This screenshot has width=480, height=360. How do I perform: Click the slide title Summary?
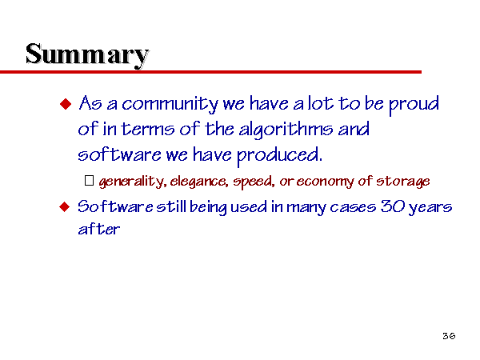pos(87,55)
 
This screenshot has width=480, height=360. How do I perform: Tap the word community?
pos(170,104)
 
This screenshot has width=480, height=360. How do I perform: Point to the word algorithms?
pos(286,130)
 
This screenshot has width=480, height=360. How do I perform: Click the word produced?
pos(279,155)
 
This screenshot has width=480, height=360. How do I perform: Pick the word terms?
pos(148,130)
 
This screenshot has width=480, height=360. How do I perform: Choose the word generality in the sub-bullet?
pos(133,182)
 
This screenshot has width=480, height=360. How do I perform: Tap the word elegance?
pos(199,182)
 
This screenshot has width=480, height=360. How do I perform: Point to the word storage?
pos(403,182)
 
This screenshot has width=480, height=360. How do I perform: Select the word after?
pos(99,229)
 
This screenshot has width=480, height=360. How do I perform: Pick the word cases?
pos(353,208)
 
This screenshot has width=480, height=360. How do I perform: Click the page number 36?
pos(449,336)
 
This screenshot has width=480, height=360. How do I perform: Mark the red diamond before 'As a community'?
pos(66,104)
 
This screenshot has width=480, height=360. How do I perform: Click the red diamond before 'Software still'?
pos(65,207)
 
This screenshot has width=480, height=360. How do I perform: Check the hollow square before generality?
pos(89,180)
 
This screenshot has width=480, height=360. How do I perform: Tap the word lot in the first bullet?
pos(320,103)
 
